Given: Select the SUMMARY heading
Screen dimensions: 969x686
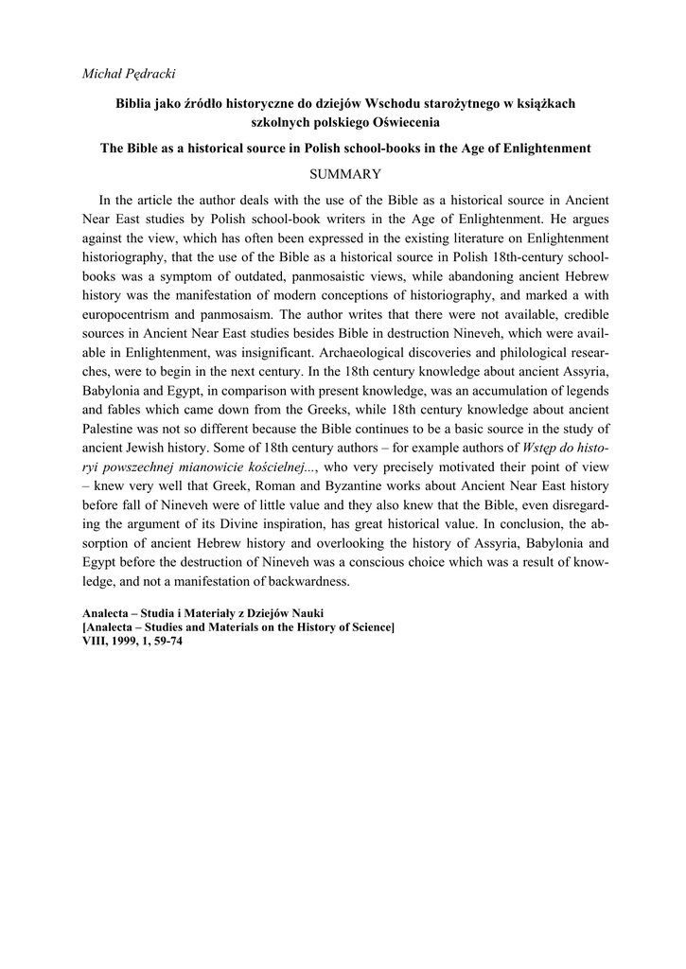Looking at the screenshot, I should pyautogui.click(x=345, y=174).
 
